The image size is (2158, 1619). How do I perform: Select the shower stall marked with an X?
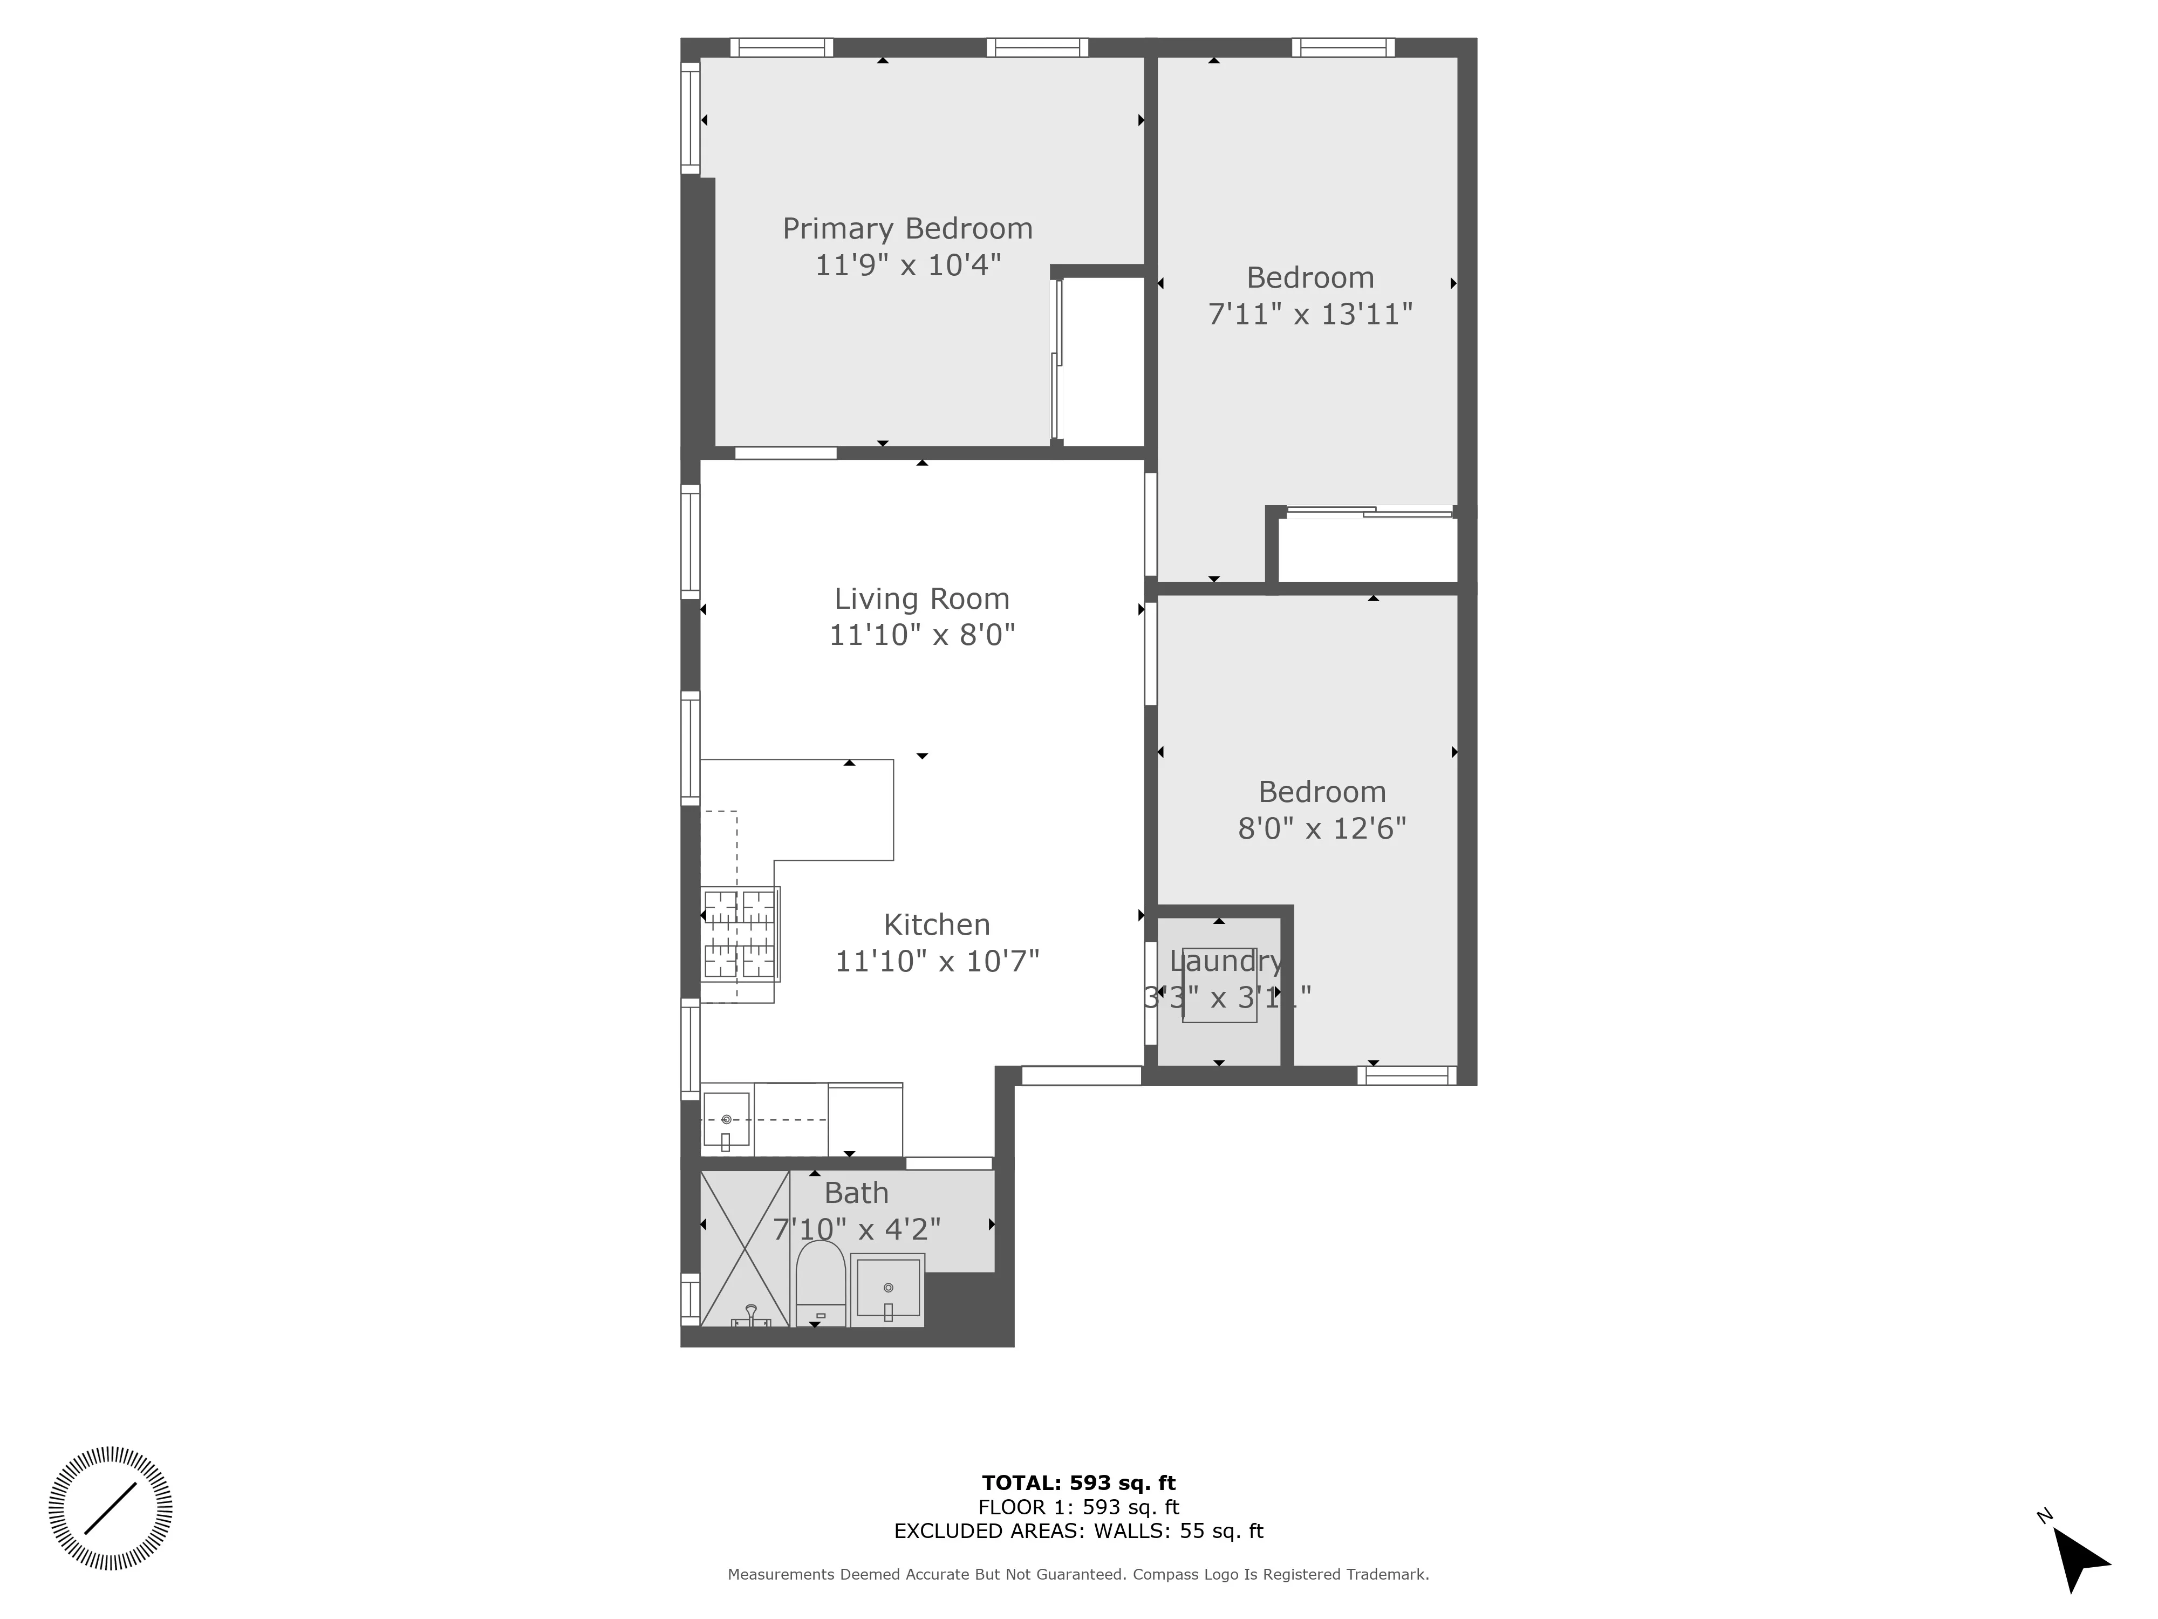(745, 1248)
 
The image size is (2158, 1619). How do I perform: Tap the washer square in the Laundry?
(1219, 985)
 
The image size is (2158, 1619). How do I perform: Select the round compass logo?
(110, 1508)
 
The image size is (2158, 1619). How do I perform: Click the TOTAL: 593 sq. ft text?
(1078, 1484)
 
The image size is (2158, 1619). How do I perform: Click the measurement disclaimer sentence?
(1078, 1574)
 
